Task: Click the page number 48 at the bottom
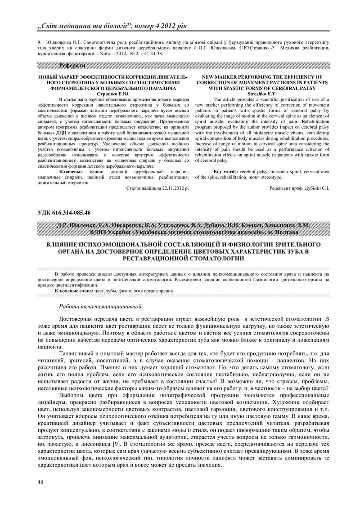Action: tap(40, 482)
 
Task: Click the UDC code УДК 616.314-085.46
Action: tap(64, 212)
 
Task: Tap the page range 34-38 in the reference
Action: tap(155, 54)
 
